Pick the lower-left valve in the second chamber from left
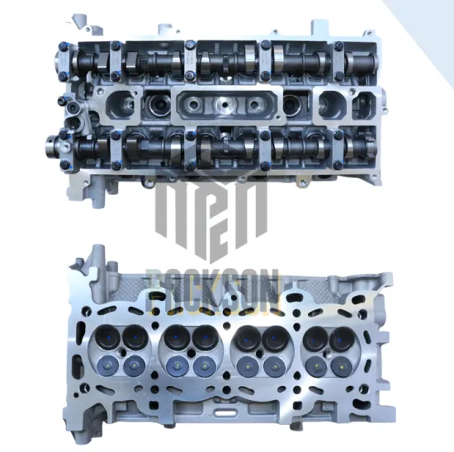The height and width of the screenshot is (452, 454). point(174,363)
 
